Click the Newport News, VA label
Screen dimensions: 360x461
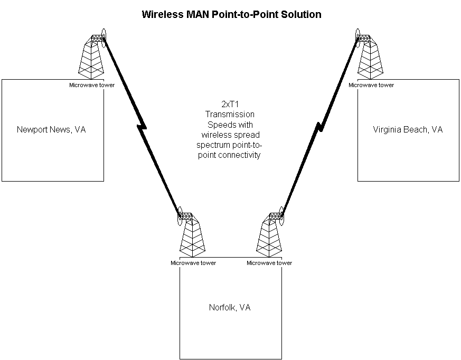(51, 129)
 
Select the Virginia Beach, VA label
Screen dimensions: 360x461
(408, 129)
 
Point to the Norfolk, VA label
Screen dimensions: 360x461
(230, 307)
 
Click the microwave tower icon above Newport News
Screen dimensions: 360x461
(91, 56)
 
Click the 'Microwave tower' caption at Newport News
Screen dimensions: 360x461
(91, 84)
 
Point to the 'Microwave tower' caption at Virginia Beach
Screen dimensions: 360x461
(371, 84)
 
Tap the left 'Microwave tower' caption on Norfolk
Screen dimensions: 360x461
(193, 262)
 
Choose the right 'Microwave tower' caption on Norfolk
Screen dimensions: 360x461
(269, 262)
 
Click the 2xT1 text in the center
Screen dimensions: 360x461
(230, 105)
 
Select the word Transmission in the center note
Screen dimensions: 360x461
(230, 115)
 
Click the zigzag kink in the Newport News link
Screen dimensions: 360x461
(142, 127)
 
